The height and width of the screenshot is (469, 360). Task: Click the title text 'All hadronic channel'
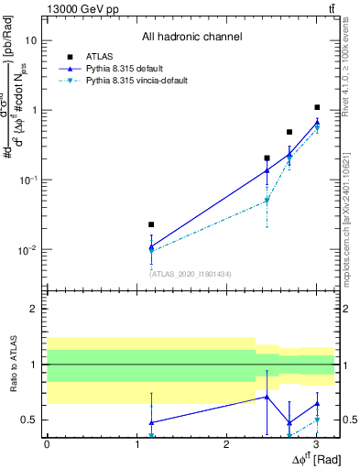click(191, 37)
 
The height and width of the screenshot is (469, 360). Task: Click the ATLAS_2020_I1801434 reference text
click(191, 273)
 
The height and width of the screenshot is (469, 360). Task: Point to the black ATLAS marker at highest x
click(317, 107)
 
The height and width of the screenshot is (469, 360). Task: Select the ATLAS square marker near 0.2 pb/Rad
click(267, 158)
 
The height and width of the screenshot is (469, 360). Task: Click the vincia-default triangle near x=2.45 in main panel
click(267, 201)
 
